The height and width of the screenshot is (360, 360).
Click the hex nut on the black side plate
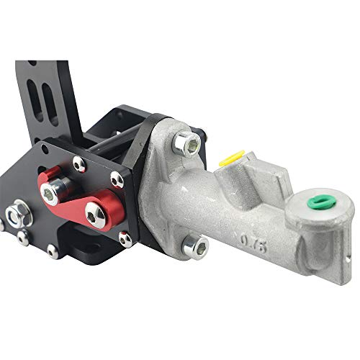16,213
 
